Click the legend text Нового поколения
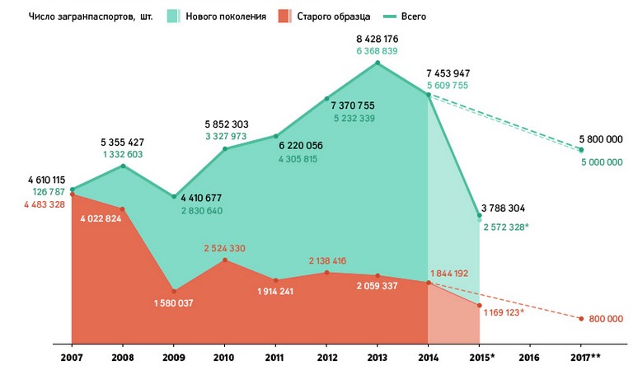click(226, 16)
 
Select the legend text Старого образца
click(335, 16)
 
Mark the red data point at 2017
click(581, 319)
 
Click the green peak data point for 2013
click(378, 63)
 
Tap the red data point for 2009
click(174, 291)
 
